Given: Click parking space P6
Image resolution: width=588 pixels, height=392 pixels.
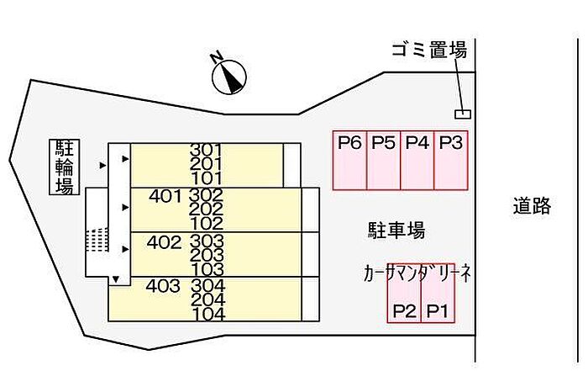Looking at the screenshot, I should tap(349, 160).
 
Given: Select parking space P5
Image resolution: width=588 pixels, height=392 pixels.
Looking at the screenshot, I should tap(383, 160).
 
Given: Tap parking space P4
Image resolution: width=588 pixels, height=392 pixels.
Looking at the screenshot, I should tap(417, 160).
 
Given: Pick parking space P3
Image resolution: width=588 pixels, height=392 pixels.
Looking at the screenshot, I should tap(451, 160).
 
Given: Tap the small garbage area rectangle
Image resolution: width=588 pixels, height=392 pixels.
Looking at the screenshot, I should tap(462, 114).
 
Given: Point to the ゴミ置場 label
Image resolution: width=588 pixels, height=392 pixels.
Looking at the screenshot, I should tap(428, 50).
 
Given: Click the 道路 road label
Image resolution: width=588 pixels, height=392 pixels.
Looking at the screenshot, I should tap(532, 205).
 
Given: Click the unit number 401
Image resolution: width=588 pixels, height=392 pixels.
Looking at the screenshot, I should tap(165, 197).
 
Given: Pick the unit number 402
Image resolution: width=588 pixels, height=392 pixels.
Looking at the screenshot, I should tap(164, 242).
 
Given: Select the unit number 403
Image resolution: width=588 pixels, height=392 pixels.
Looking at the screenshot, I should tap(163, 286).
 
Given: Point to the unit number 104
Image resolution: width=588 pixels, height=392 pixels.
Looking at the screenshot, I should tap(207, 315).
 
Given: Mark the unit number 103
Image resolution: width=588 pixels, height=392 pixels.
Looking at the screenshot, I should tap(207, 269).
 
